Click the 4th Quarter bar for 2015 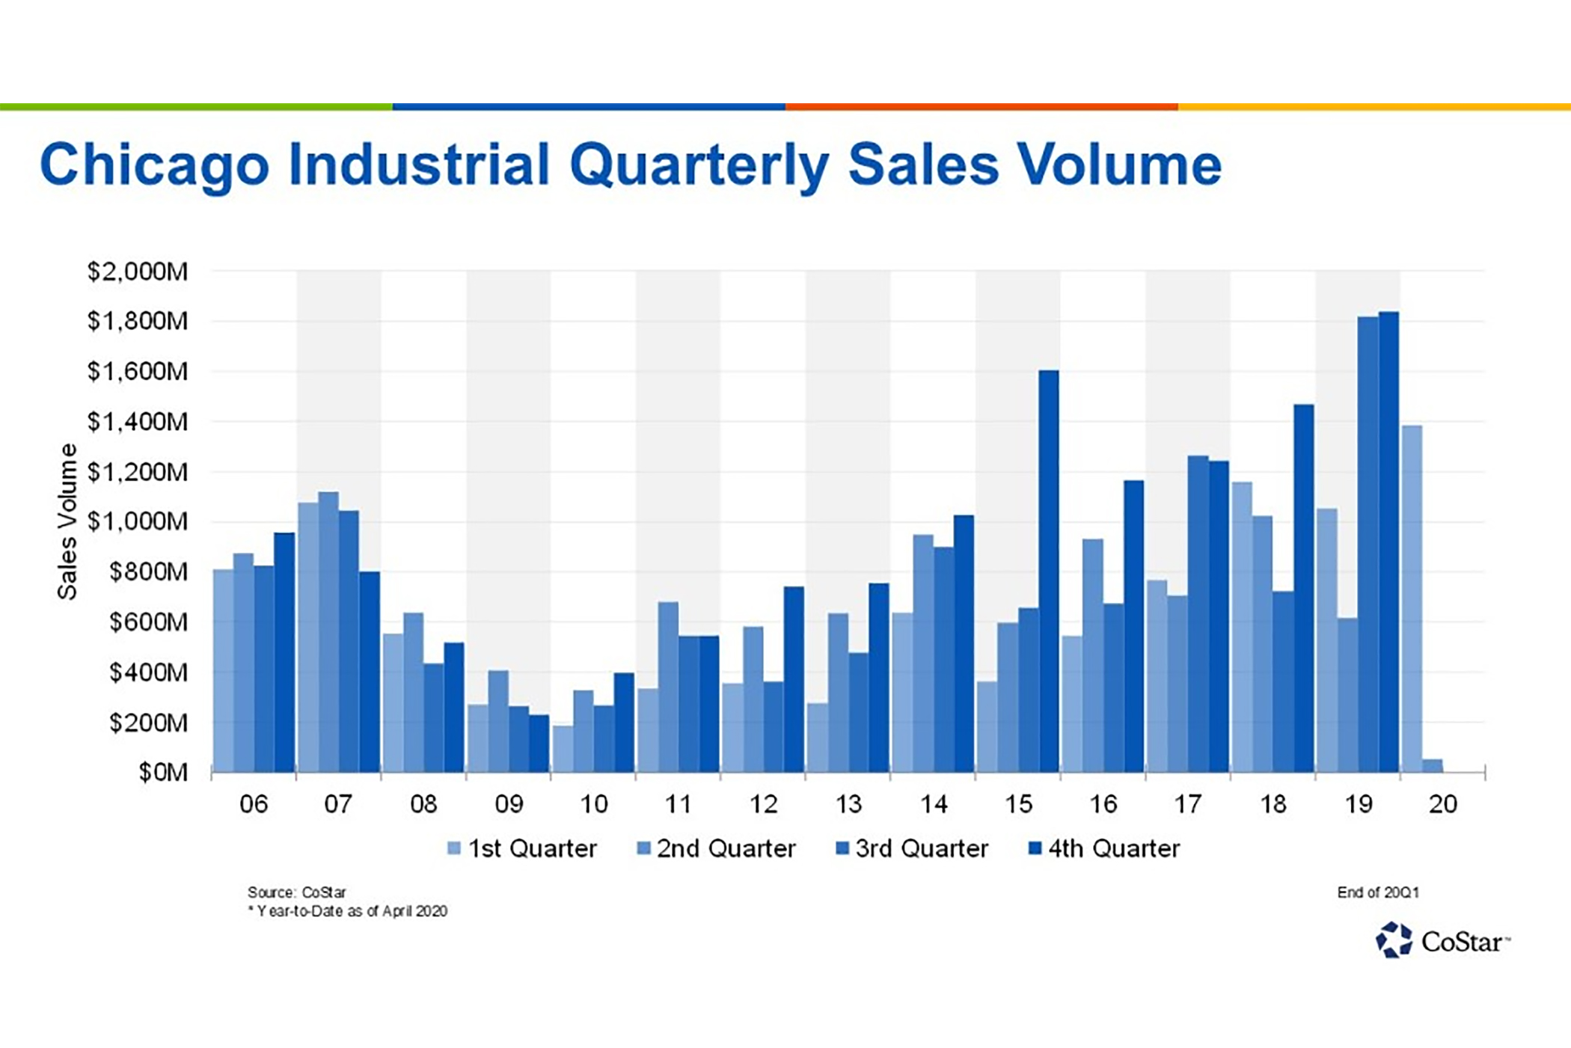coord(1049,572)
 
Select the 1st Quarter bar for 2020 coord(1412,598)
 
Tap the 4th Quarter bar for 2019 coord(1388,542)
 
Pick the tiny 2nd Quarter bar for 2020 coord(1432,765)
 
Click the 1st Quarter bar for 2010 coord(563,749)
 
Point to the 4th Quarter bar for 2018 coord(1303,589)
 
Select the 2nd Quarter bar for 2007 coord(328,632)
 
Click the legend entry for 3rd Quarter coord(912,849)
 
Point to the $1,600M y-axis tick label coord(138,372)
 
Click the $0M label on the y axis coord(162,772)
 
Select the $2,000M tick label coord(138,272)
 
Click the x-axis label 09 coord(509,805)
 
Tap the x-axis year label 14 coord(934,805)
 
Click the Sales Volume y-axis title coord(67,521)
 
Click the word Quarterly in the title coord(699,165)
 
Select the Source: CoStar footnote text coord(297,892)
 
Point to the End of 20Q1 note coord(1377,892)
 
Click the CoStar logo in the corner coord(1442,940)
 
